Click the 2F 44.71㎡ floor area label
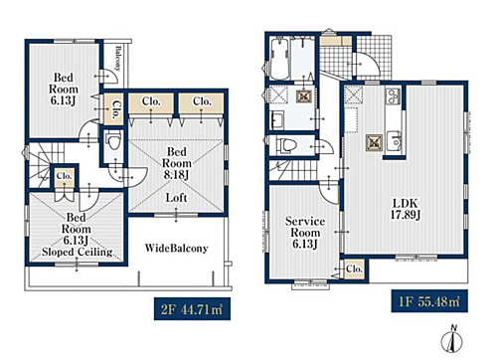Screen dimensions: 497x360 coord(192,308)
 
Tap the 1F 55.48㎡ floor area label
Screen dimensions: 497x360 coord(429,301)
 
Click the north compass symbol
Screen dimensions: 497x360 coord(451,339)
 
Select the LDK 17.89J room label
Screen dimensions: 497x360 coord(405,209)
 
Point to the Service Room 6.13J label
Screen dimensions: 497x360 coord(305,233)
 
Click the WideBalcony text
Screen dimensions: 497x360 coord(176,248)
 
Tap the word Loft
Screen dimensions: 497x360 coord(176,198)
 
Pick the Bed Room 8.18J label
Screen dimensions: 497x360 coord(177,163)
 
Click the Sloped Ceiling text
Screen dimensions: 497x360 coord(78,252)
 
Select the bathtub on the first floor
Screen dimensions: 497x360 coord(278,59)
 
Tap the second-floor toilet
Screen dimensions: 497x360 coord(113,142)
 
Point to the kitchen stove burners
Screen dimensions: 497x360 coord(393,95)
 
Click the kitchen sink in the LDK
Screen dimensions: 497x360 coord(395,141)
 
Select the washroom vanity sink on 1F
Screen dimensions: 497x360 coord(277,119)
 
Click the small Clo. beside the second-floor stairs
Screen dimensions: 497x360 coord(64,175)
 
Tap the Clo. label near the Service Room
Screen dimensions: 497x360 coord(354,269)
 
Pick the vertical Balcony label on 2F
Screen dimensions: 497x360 coord(117,58)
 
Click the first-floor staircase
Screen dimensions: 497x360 coord(292,170)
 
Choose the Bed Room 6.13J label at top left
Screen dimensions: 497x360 coord(64,89)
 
